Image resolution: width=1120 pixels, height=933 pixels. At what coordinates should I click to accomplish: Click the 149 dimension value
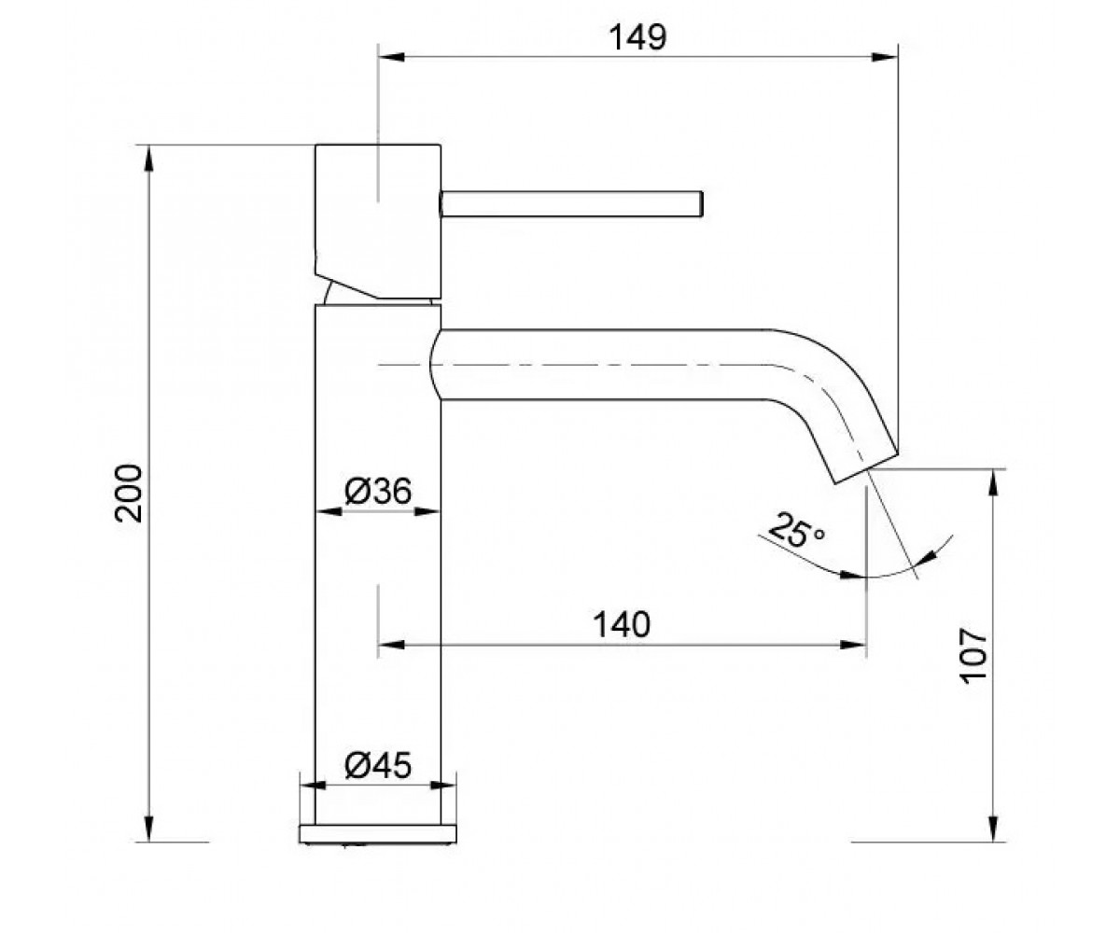tap(637, 38)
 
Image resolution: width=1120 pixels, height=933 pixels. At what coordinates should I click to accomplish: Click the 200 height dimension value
tap(129, 494)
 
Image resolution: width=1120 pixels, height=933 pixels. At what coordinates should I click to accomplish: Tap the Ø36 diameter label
tap(378, 490)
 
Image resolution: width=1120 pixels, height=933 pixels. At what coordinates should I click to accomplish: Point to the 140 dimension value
tap(622, 624)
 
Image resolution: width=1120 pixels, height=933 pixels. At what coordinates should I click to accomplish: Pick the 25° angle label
tap(796, 531)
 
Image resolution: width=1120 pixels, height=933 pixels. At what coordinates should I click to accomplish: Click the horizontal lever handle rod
tap(571, 203)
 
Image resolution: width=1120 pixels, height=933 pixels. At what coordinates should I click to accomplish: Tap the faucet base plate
tap(378, 833)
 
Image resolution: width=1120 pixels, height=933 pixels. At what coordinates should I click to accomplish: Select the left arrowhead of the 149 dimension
tap(391, 57)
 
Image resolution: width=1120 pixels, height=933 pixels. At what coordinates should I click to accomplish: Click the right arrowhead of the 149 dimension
tap(885, 57)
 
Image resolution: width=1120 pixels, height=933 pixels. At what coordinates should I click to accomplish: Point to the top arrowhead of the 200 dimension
tap(149, 159)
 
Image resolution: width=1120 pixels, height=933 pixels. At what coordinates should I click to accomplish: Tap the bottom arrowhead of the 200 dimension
tap(149, 829)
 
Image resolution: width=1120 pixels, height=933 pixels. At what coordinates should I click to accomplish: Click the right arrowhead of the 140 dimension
tap(853, 644)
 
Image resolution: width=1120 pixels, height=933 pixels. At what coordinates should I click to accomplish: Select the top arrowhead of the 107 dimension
tap(993, 482)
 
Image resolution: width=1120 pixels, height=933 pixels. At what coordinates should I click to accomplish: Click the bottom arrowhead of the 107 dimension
tap(993, 829)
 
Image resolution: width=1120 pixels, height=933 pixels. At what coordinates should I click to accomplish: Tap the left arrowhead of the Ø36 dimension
tap(329, 511)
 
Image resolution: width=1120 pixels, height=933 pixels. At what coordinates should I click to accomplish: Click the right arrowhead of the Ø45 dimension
tap(443, 786)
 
